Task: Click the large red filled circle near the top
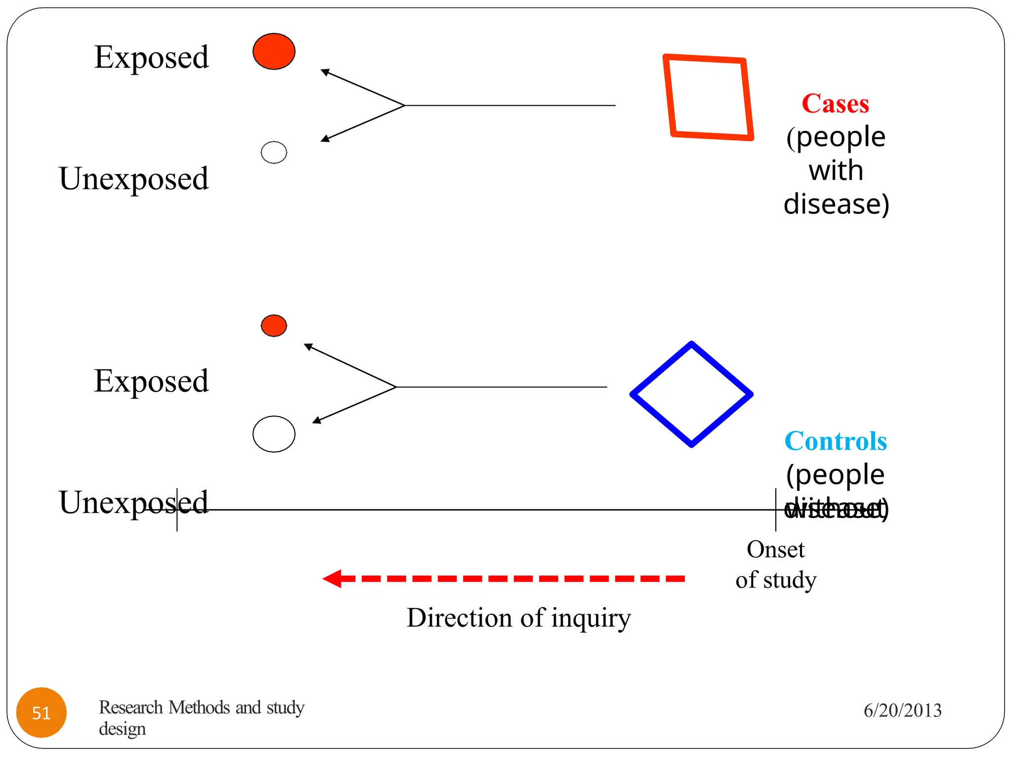[274, 51]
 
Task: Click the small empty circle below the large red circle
[274, 152]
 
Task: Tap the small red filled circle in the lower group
[274, 326]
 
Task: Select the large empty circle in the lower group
[274, 434]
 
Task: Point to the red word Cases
[835, 104]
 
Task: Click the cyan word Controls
[836, 441]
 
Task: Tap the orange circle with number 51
[42, 712]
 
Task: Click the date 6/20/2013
[902, 711]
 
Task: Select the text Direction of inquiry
[518, 618]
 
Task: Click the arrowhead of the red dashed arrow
[333, 578]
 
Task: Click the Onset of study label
[775, 564]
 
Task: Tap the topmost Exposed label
[151, 57]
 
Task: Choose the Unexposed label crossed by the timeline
[133, 502]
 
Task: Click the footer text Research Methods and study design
[201, 717]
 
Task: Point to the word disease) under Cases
[836, 204]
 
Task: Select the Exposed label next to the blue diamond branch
[151, 381]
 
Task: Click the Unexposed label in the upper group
[133, 178]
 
